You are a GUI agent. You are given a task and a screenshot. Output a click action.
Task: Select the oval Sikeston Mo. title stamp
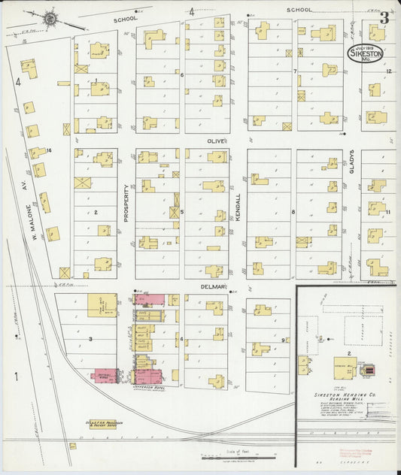coord(365,54)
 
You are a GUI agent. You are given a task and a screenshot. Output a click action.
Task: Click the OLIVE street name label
coord(217,141)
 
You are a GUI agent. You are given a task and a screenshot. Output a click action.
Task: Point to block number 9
coord(284,340)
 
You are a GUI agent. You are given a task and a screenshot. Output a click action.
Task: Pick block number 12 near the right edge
coord(389,71)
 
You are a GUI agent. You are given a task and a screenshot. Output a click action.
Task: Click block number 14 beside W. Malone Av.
coord(48,151)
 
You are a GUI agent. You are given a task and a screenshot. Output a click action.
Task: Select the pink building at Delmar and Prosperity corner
coord(149,300)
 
